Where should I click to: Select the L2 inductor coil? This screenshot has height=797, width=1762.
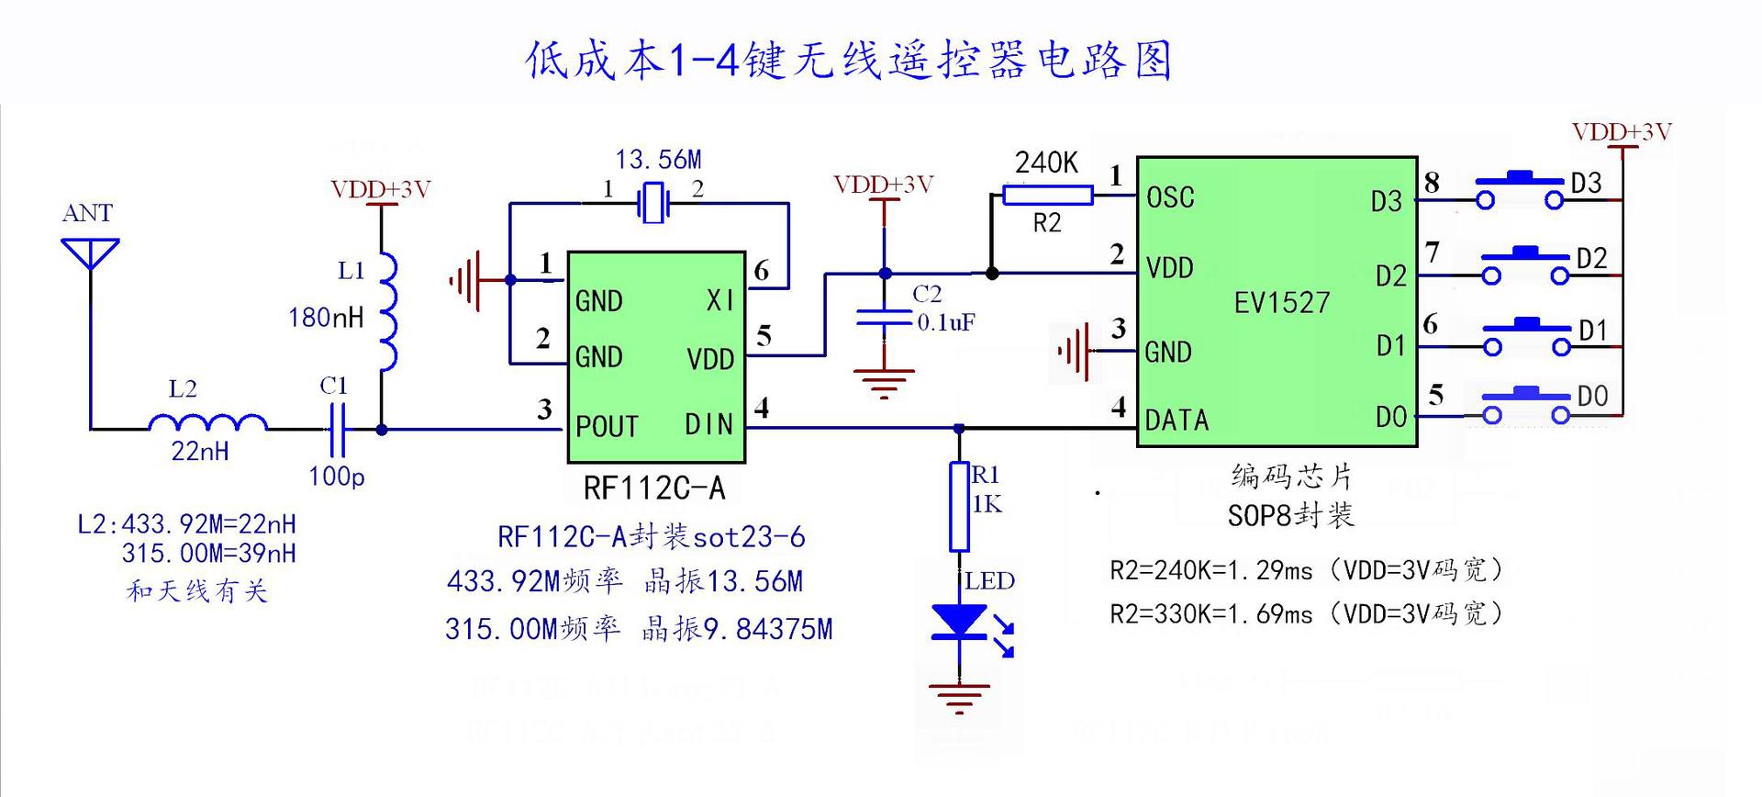[x=207, y=423]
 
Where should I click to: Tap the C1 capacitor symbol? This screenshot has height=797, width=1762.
[x=337, y=429]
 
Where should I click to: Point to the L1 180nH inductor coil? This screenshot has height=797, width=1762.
[x=389, y=312]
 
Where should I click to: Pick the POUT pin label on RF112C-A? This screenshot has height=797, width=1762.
[x=607, y=427]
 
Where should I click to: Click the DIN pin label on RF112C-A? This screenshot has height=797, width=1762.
[x=708, y=424]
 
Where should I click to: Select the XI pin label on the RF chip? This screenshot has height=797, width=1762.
[x=720, y=300]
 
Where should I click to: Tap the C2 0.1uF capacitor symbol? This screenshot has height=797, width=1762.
[x=884, y=318]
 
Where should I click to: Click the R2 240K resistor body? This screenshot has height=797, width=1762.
[x=1047, y=195]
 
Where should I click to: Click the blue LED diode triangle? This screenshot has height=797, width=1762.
[x=959, y=621]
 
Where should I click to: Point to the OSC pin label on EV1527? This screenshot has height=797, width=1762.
[x=1170, y=197]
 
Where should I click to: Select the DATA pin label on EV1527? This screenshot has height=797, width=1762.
[x=1177, y=421]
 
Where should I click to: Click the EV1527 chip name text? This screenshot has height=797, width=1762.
[x=1281, y=303]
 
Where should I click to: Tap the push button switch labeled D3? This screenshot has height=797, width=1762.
[x=1519, y=190]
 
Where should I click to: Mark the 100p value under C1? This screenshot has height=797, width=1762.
[x=337, y=477]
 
